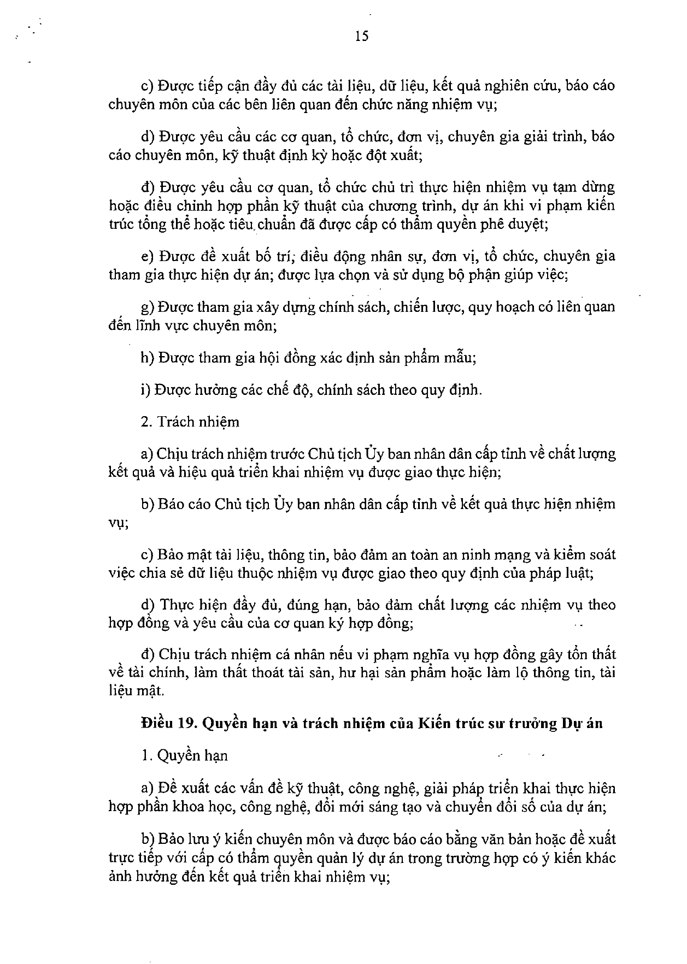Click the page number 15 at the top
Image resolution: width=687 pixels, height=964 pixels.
362,37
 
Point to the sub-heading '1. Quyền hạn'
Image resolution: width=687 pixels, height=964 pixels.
184,755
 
